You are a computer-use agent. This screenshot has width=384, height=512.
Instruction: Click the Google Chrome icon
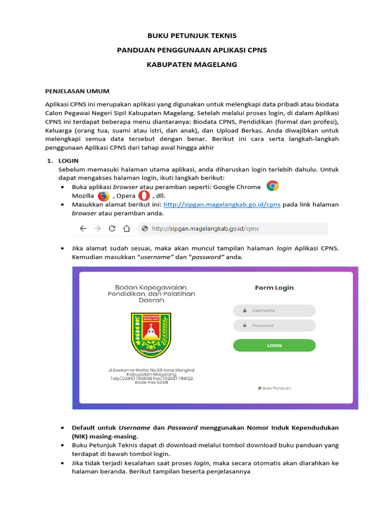tap(272, 186)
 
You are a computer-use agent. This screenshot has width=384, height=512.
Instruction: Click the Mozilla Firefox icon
tap(103, 196)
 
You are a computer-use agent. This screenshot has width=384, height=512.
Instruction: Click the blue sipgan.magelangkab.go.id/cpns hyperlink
tap(221, 204)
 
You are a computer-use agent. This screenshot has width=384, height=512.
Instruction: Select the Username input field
tap(274, 310)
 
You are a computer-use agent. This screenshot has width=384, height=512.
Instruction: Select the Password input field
tap(274, 325)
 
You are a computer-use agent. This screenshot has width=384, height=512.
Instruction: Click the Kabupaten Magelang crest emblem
tap(151, 335)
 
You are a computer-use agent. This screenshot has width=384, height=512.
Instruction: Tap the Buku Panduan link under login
tap(274, 388)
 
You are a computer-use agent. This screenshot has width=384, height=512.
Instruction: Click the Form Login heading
tap(274, 287)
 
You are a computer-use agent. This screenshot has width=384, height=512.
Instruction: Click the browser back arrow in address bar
tap(83, 228)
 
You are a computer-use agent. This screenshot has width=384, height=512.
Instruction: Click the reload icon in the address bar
tap(112, 228)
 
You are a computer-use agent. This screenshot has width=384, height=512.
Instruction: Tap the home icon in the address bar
tap(126, 228)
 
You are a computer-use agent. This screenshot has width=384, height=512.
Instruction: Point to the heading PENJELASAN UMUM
tap(77, 91)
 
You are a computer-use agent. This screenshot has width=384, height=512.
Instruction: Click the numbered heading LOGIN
tap(68, 161)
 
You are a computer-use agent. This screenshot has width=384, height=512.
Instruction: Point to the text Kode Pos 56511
tap(151, 382)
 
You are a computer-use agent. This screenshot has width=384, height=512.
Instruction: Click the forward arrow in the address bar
tap(97, 228)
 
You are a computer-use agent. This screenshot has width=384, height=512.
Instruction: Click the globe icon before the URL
tap(144, 228)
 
